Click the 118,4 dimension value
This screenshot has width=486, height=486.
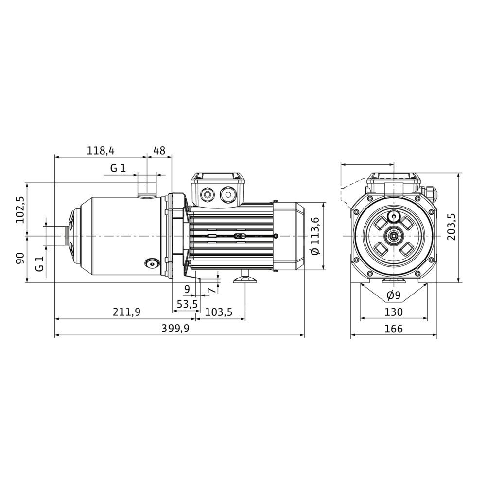coord(101,151)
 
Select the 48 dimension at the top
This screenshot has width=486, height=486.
coord(159,151)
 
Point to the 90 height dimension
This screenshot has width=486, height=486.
coord(20,258)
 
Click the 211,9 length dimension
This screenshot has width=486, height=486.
coord(126,312)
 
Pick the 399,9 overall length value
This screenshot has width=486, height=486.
coord(175,328)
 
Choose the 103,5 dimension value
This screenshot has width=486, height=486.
coord(219,312)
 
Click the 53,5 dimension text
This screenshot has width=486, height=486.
coord(187,304)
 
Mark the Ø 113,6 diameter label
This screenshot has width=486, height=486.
coord(314,236)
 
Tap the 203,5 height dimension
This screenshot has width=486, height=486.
coord(451,226)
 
